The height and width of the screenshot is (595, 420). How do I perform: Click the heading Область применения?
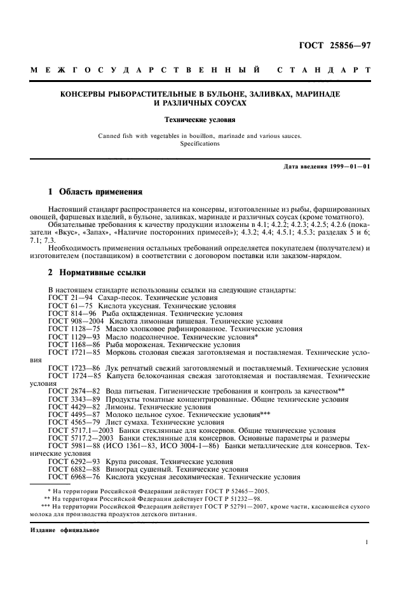pos(100,191)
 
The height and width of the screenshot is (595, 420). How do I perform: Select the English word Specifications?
pos(200,144)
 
